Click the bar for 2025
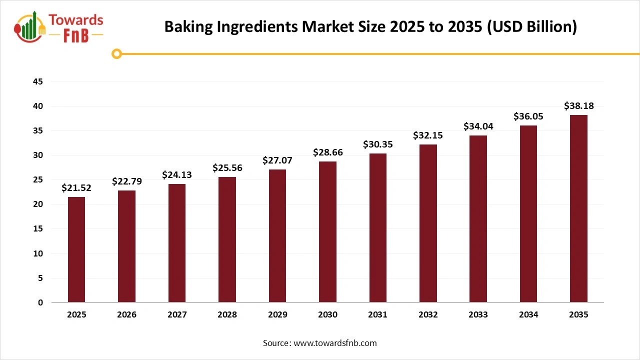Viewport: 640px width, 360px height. point(76,249)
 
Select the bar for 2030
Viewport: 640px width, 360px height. point(327,232)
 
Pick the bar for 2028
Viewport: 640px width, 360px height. point(227,239)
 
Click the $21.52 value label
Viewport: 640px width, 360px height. point(76,188)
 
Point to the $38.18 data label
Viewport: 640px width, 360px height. point(578,106)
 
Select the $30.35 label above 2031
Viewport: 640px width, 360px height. point(377,144)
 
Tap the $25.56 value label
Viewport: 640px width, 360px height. point(227,168)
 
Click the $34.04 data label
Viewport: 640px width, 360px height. point(478,126)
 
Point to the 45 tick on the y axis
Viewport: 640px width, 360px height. point(37,81)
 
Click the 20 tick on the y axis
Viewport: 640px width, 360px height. point(37,204)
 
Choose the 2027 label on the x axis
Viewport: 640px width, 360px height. point(177,315)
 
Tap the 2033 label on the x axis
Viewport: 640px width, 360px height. point(478,315)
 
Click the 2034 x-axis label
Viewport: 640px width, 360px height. point(528,315)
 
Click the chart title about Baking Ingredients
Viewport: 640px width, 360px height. point(370,26)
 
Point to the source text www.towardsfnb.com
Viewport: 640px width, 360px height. point(319,343)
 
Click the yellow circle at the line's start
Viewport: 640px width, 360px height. point(117,53)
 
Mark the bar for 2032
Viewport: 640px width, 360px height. point(428,223)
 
